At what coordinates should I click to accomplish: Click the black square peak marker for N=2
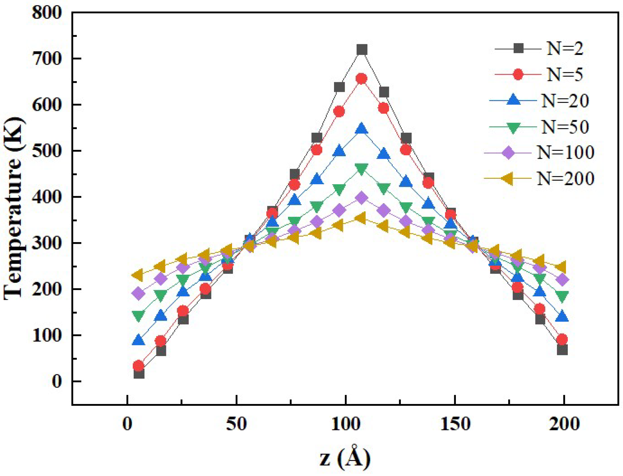point(362,50)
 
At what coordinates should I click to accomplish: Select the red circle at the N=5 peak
point(362,79)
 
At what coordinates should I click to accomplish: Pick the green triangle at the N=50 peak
point(362,169)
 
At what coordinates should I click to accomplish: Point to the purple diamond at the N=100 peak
point(362,198)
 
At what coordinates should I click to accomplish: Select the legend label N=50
point(565,127)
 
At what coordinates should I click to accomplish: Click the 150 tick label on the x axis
point(455,424)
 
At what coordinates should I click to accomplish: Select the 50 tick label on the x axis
point(236,424)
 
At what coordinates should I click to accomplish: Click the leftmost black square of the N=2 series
point(139,374)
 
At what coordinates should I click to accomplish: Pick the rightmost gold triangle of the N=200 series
point(561,267)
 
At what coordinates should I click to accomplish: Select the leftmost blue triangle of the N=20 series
point(139,340)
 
